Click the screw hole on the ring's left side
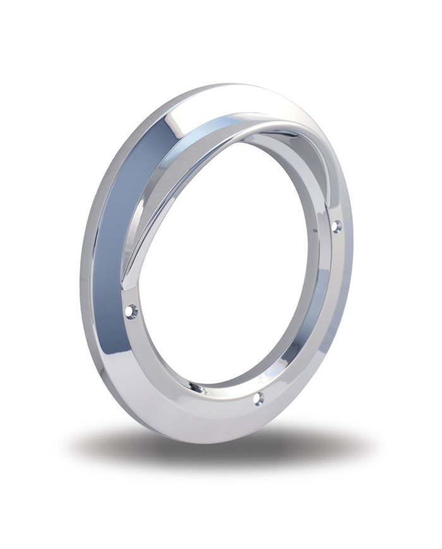(131, 311)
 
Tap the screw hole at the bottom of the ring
(258, 398)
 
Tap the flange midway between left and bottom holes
(183, 373)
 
